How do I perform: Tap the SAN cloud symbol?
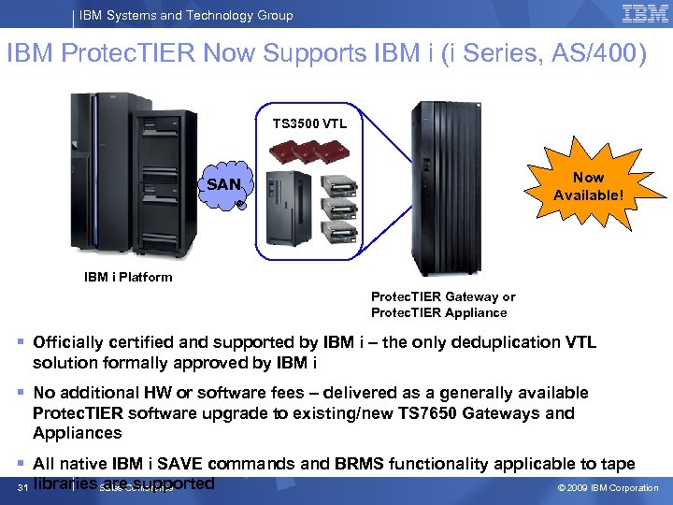click(x=224, y=185)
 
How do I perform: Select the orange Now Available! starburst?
click(x=588, y=186)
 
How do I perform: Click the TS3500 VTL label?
click(x=309, y=123)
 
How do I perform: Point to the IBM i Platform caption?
click(x=128, y=277)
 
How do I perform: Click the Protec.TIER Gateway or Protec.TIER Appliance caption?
click(x=442, y=305)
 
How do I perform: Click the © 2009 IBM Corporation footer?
click(x=608, y=488)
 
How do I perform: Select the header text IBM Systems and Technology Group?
click(x=186, y=15)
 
